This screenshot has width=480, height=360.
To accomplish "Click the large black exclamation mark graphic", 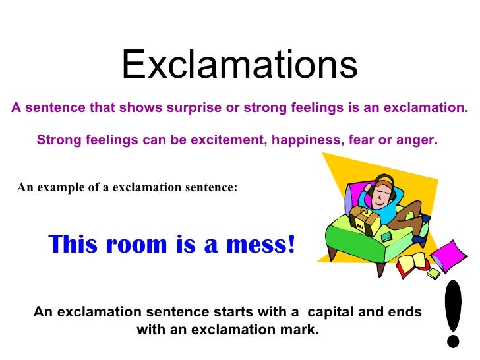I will pos(454,313).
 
